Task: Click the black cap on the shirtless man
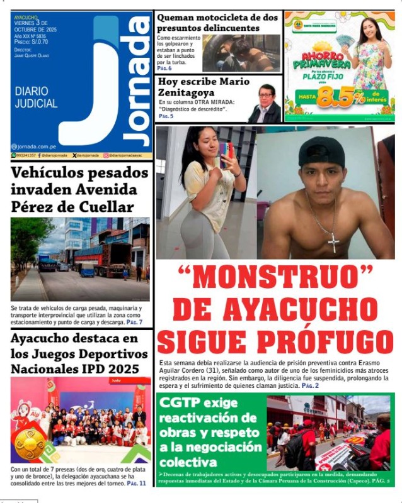click(321, 152)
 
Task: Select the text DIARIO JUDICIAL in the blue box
click(36, 97)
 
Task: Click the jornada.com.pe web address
click(37, 146)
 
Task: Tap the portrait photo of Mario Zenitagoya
click(265, 104)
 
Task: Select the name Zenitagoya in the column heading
click(187, 94)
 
